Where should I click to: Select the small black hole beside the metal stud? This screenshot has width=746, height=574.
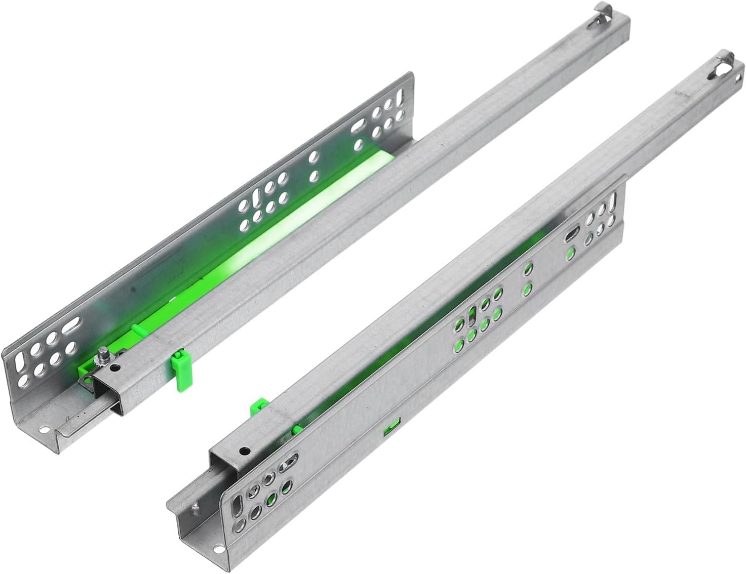117,367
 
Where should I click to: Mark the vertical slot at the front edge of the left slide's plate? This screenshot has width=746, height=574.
20,364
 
